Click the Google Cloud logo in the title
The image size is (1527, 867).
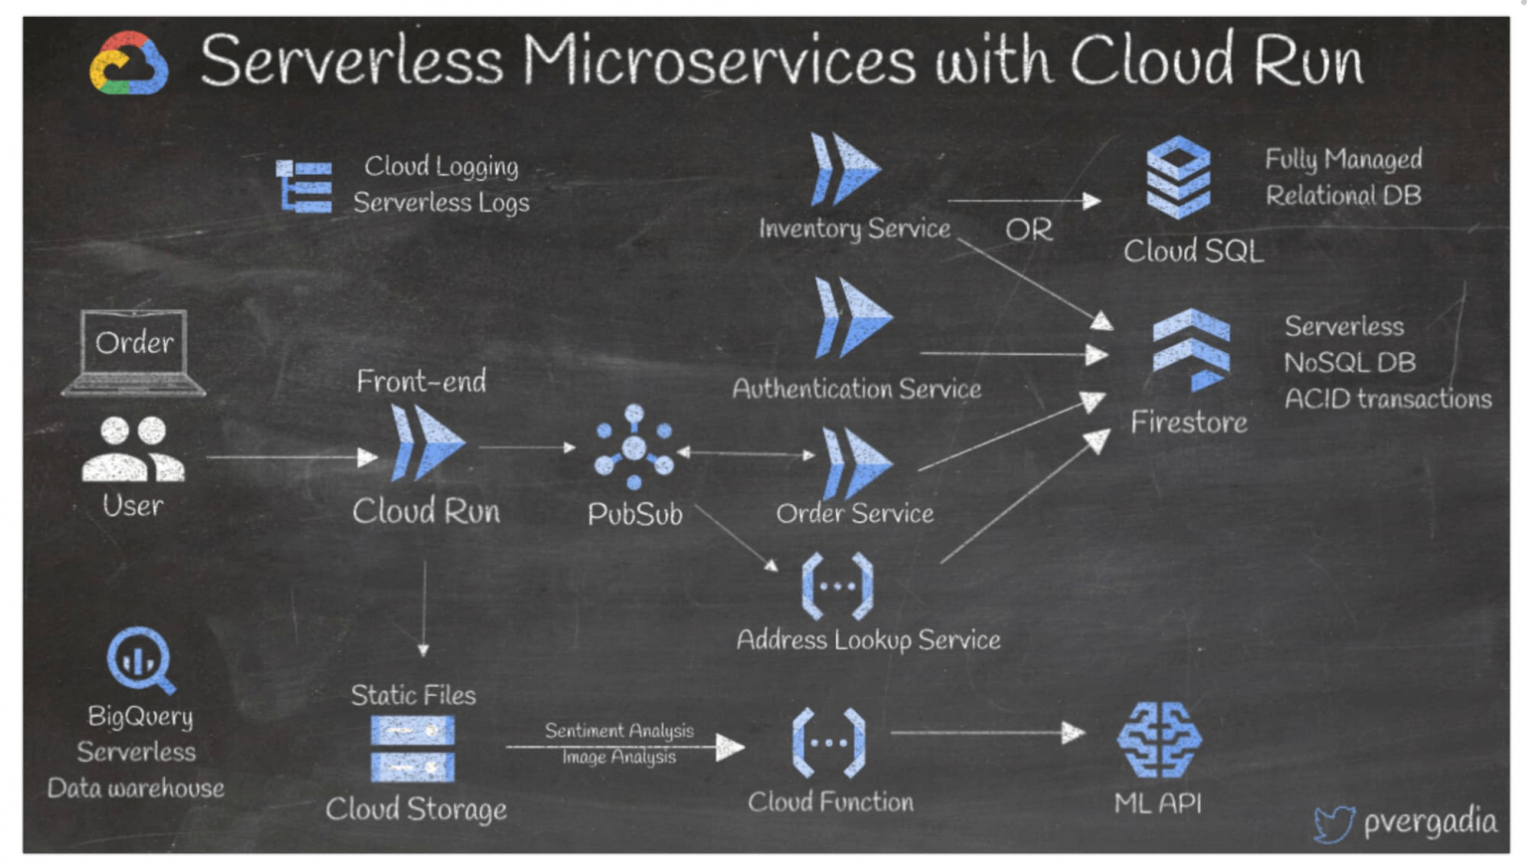pos(128,64)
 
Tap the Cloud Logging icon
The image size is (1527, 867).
pos(304,186)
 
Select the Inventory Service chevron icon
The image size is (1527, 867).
pos(844,169)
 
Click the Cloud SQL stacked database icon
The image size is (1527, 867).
pos(1178,178)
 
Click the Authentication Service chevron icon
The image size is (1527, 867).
pos(852,318)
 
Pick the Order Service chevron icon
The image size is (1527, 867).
pos(856,462)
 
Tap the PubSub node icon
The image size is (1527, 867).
pos(633,446)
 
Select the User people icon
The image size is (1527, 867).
pos(133,449)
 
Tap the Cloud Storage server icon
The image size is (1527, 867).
pos(413,749)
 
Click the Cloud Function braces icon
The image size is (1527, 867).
pos(828,742)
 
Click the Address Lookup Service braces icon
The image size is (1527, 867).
pos(837,586)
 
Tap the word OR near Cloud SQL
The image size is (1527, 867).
pos(1028,230)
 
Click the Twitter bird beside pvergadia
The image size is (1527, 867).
pos(1333,823)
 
